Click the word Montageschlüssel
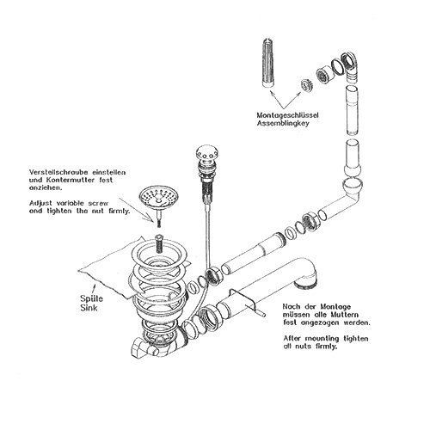click(287, 115)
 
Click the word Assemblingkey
click(283, 124)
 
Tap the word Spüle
click(91, 298)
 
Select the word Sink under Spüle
click(89, 308)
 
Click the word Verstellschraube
click(59, 173)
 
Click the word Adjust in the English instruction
click(40, 204)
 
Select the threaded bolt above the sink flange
click(158, 243)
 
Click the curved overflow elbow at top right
click(351, 67)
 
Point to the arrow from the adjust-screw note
click(137, 209)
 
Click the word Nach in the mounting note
click(291, 307)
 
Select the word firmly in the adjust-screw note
click(120, 212)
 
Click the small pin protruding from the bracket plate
click(261, 313)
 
